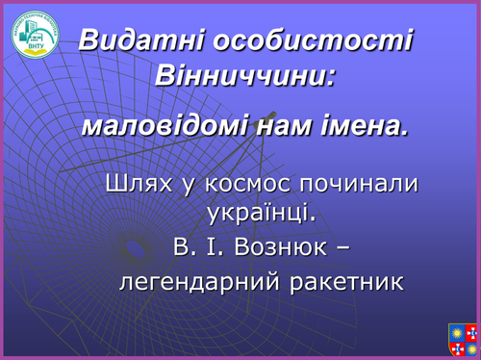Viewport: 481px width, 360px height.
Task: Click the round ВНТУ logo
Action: [x=35, y=33]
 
